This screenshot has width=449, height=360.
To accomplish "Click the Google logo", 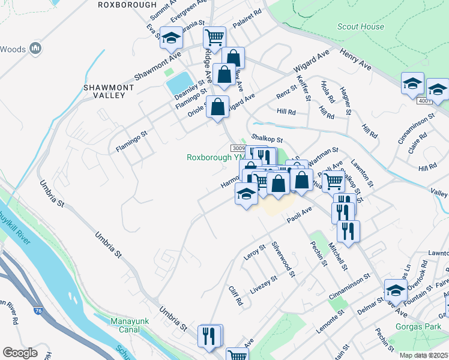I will pyautogui.click(x=20, y=353).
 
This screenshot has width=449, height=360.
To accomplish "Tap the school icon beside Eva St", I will pyautogui.click(x=171, y=38).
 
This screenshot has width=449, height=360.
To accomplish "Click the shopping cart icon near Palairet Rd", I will pyautogui.click(x=214, y=37).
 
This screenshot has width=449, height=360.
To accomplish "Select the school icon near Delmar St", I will pyautogui.click(x=395, y=291).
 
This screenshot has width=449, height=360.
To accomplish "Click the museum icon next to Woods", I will pyautogui.click(x=35, y=48).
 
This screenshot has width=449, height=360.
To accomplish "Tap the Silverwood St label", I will pyautogui.click(x=285, y=259).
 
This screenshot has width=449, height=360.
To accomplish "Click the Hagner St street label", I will pyautogui.click(x=345, y=100).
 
